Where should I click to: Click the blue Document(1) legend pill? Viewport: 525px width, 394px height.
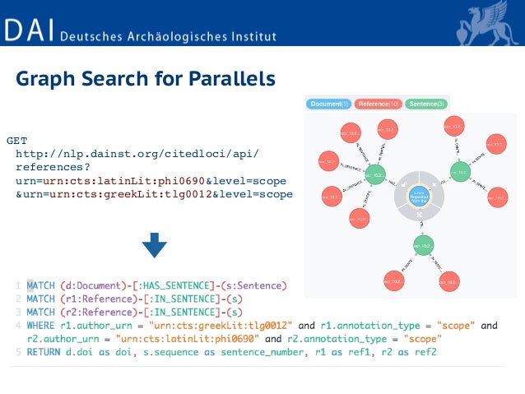point(329,104)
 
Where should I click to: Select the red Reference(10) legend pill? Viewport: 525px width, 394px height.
point(378,104)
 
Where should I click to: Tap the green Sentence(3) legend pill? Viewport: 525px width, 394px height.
point(426,104)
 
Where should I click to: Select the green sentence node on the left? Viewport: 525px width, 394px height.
point(374,174)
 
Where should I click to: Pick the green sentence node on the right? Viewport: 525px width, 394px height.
point(458,174)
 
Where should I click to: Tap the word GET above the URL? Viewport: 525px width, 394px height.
point(16,141)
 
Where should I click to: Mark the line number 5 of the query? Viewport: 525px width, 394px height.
point(18,352)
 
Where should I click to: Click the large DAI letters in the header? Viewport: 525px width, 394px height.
point(29,31)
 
